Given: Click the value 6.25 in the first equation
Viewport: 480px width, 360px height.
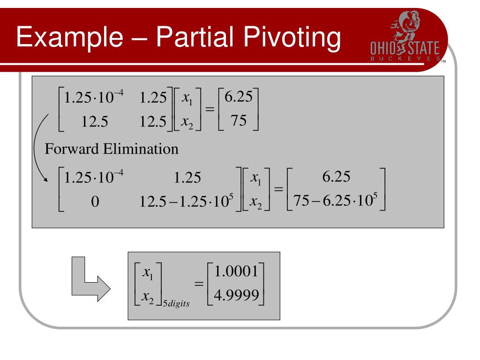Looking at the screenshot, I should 239,97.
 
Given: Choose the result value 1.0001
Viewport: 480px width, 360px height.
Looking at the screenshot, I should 235,272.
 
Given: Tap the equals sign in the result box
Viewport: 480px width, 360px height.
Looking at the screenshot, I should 200,284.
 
